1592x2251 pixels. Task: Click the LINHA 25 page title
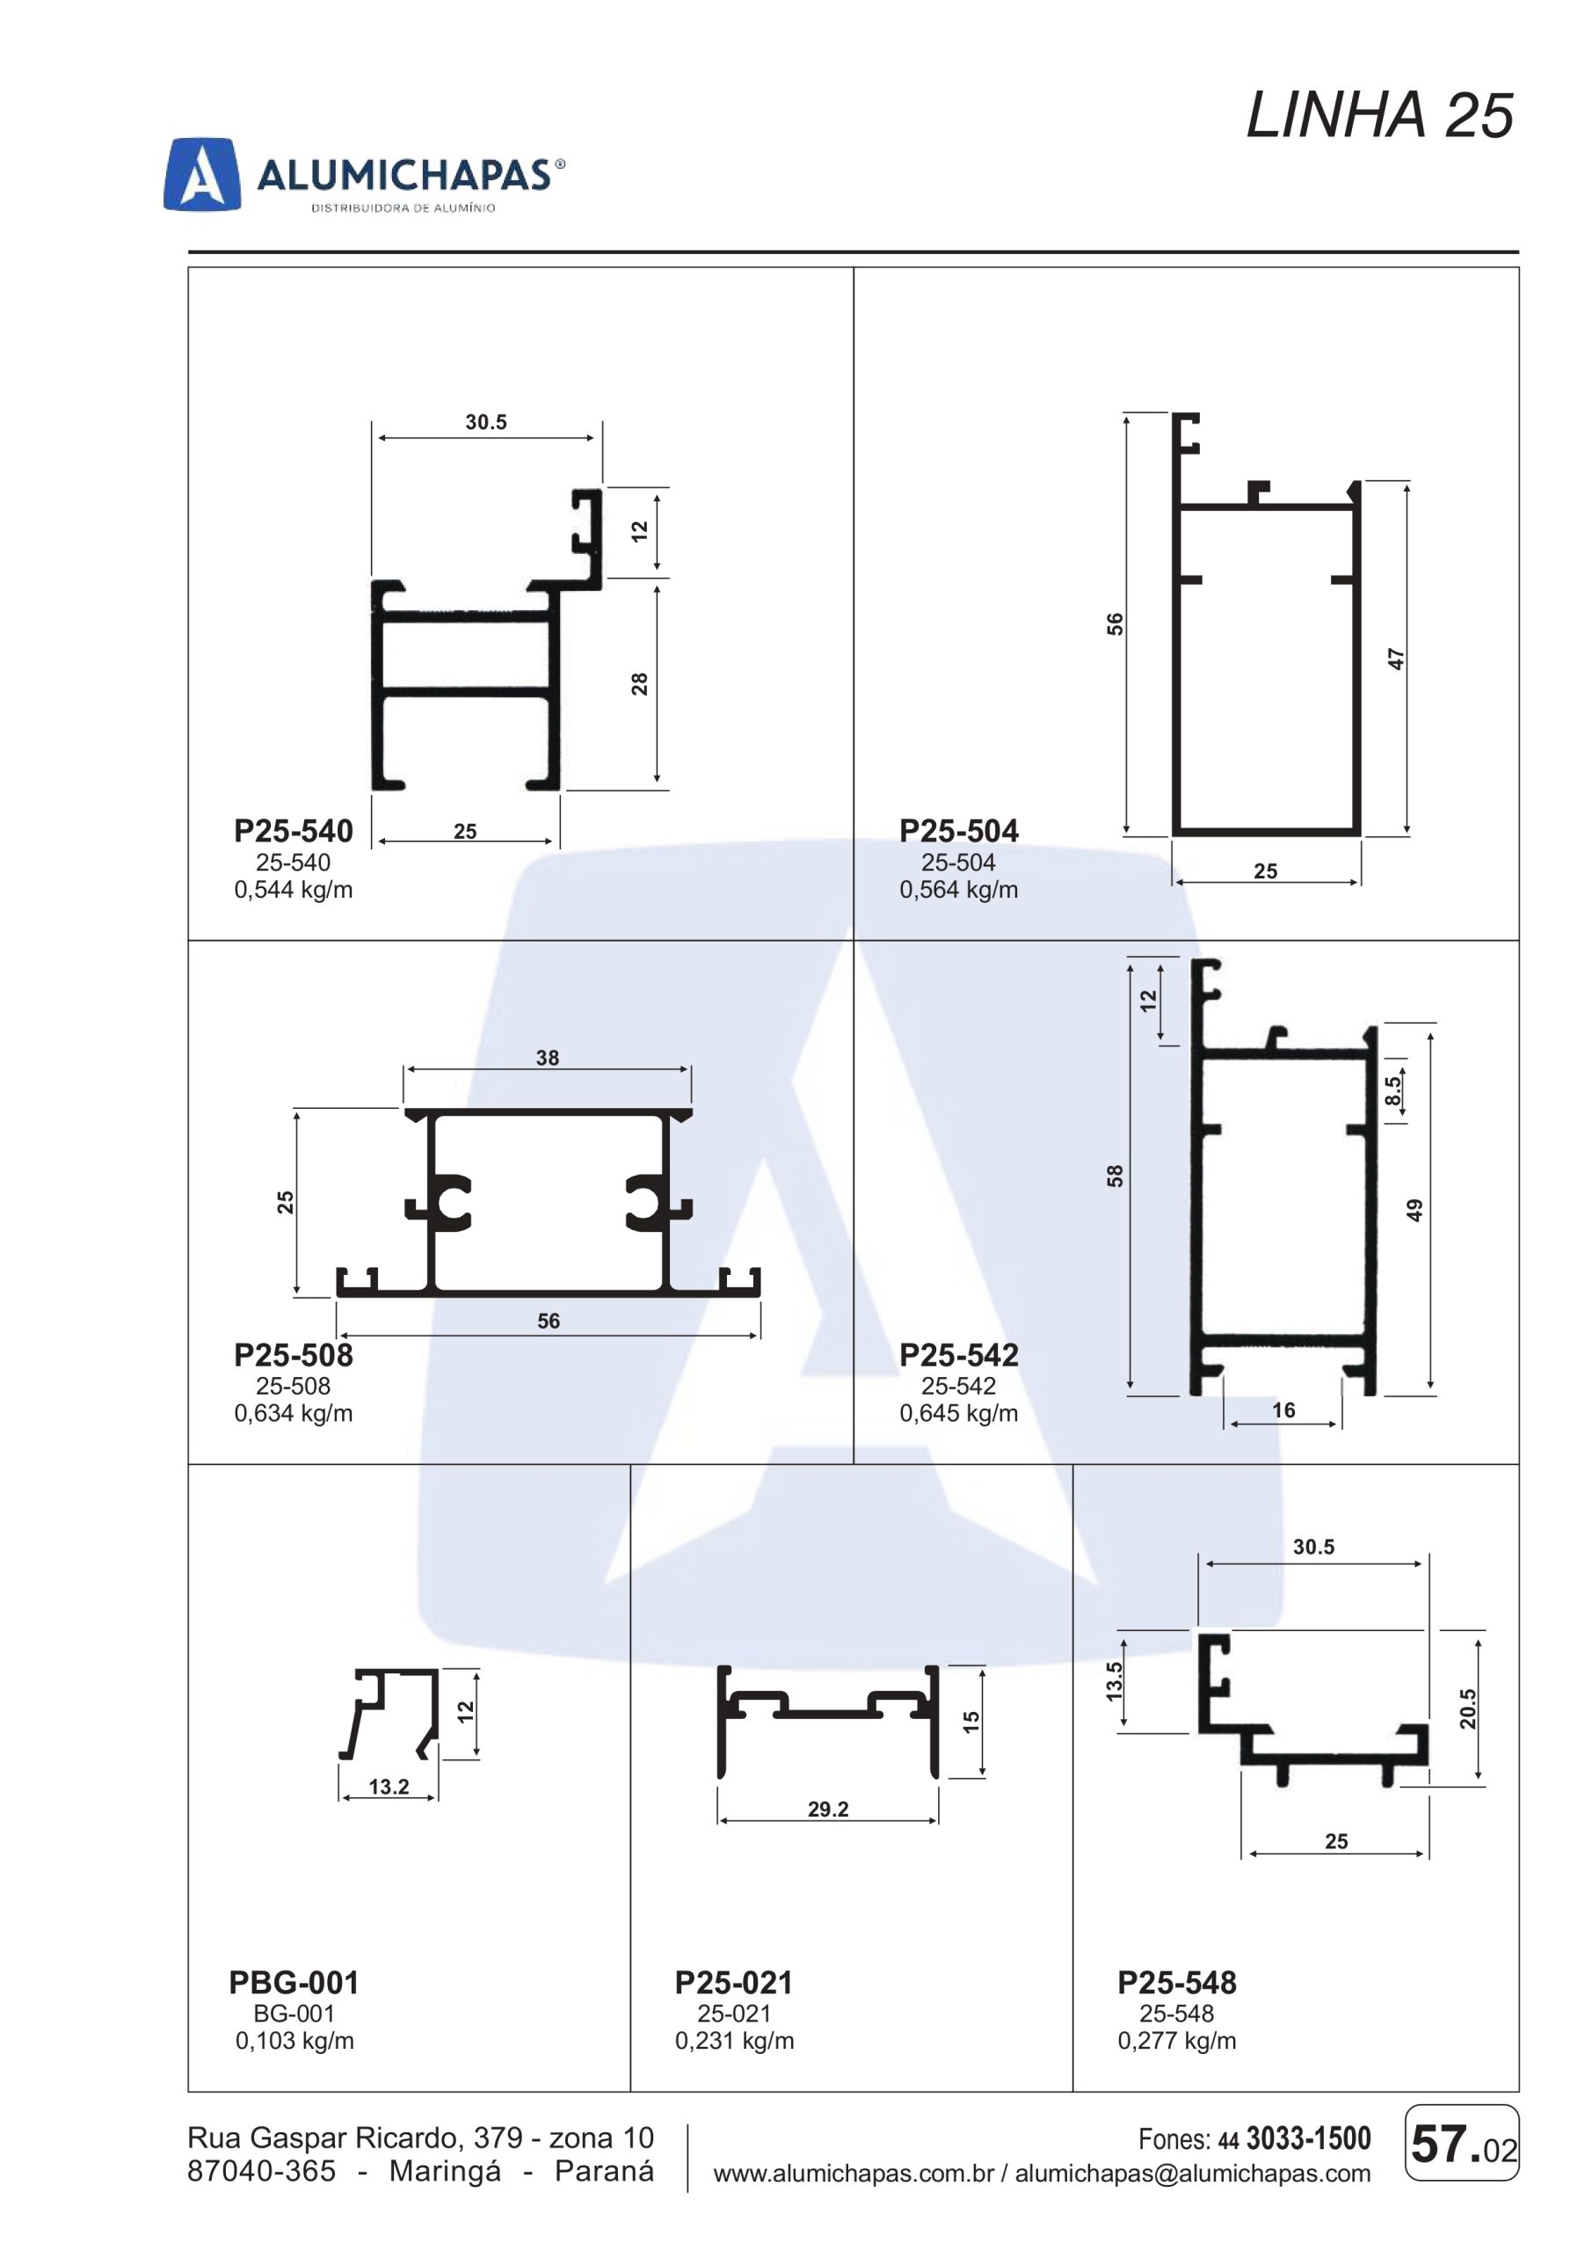(x=1379, y=116)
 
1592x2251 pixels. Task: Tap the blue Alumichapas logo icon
(x=202, y=174)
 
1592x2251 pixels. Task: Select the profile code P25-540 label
(x=293, y=832)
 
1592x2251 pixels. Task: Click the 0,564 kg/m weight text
(x=959, y=890)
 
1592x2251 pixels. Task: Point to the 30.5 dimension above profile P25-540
(x=486, y=423)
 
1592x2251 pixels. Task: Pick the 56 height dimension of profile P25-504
(x=1115, y=624)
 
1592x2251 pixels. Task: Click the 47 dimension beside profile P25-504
(x=1397, y=659)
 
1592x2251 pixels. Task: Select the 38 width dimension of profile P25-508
(x=547, y=1058)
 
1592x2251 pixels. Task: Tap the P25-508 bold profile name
(x=293, y=1355)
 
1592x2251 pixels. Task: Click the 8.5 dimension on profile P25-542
(x=1393, y=1090)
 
